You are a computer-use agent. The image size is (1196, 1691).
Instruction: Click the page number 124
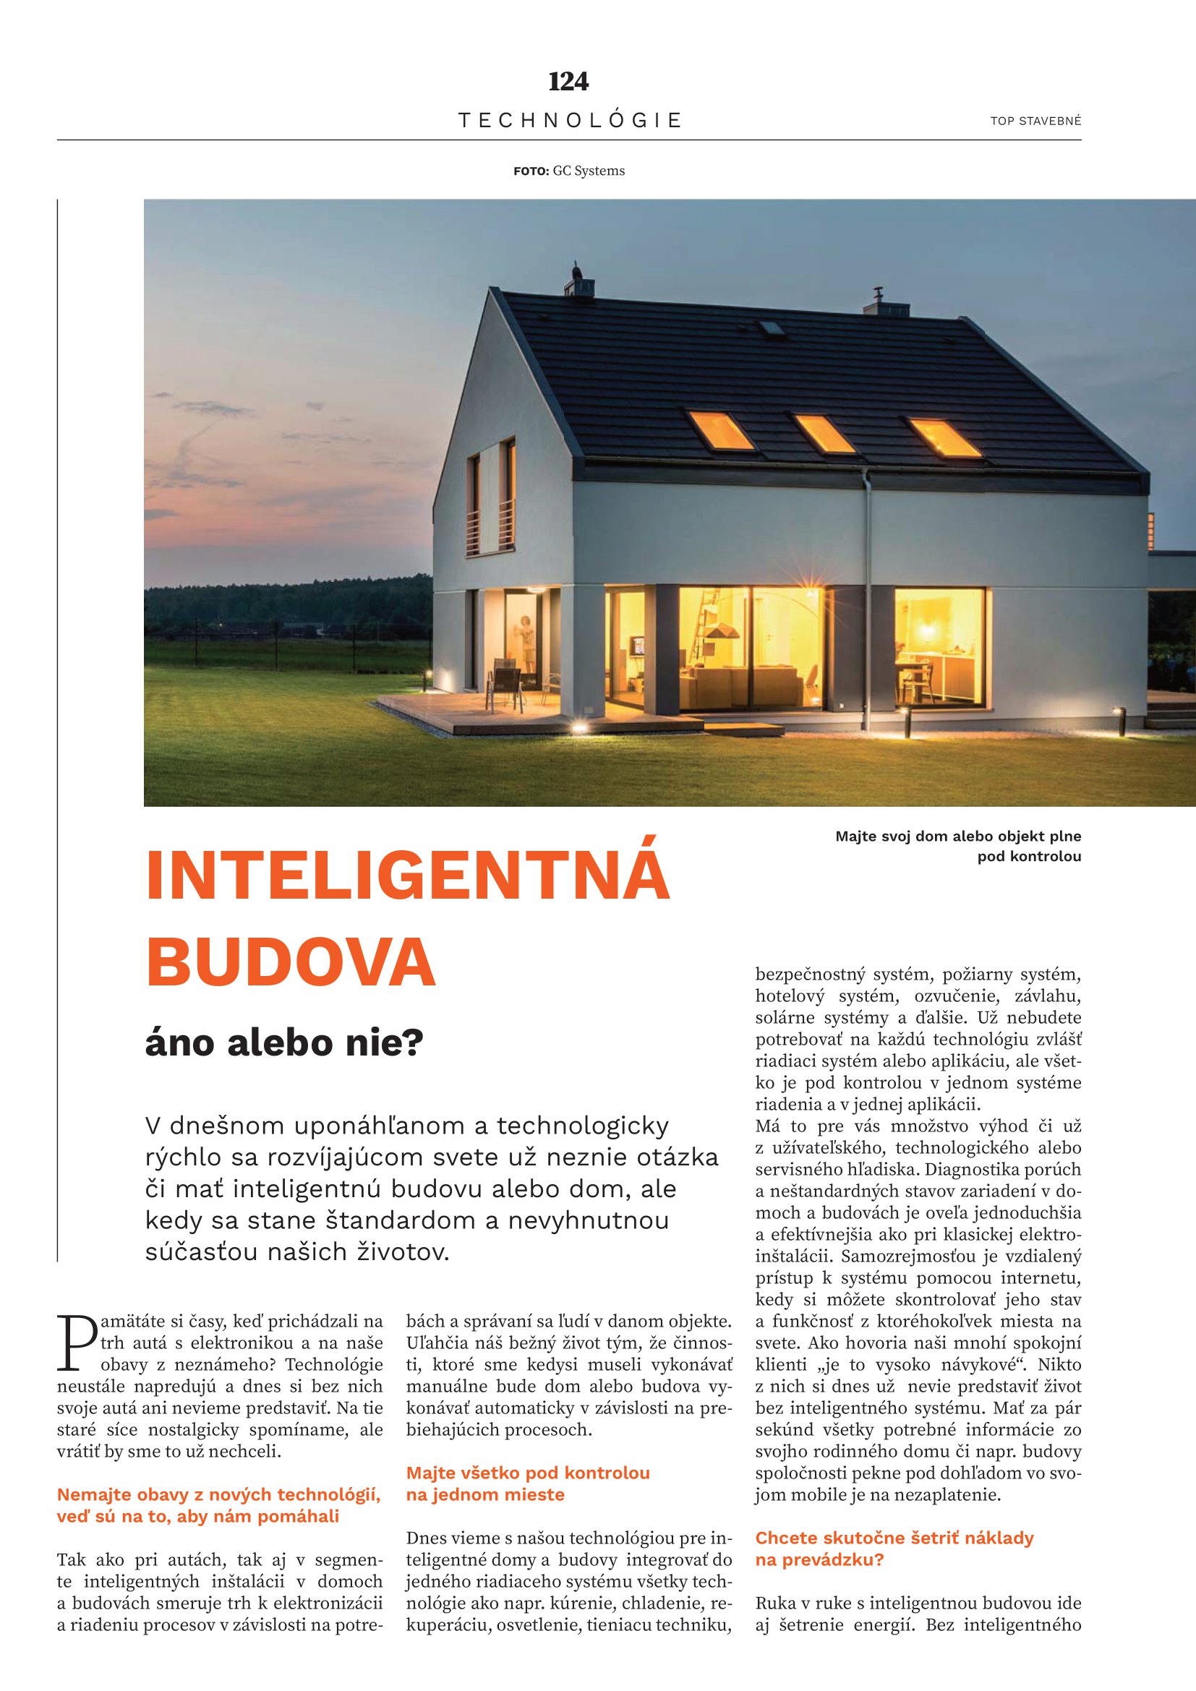tap(568, 81)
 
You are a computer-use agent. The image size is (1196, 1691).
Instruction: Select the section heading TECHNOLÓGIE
tap(570, 121)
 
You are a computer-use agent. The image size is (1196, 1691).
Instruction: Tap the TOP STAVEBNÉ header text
tap(1035, 121)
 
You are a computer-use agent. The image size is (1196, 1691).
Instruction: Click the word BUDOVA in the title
tap(291, 961)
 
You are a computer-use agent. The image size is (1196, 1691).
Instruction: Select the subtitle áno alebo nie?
tap(284, 1044)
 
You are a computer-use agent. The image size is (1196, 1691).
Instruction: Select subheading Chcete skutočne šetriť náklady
tap(894, 1538)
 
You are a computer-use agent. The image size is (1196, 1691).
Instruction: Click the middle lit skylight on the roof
tap(824, 434)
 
